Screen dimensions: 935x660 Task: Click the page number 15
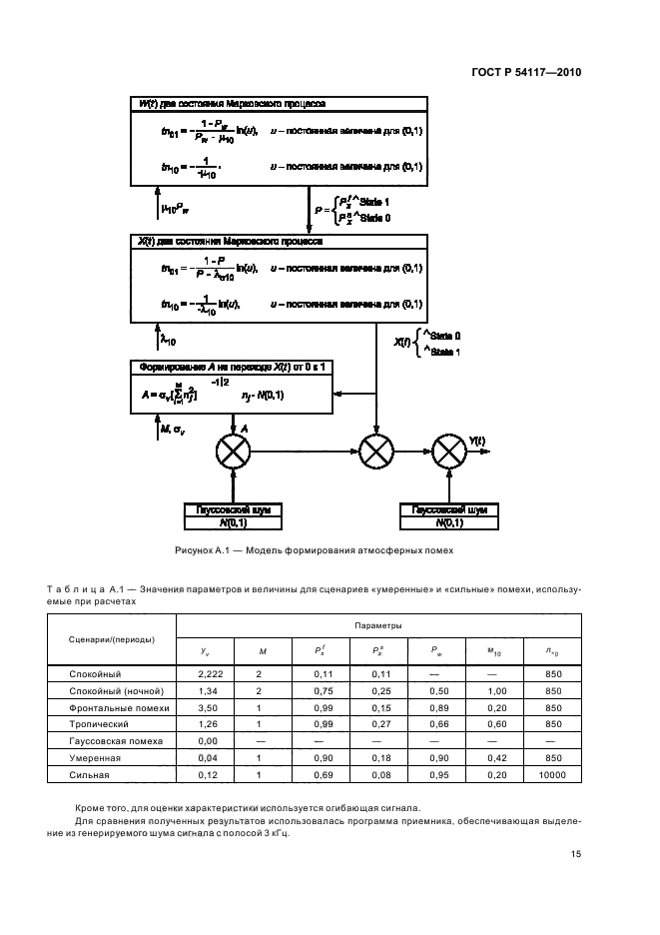point(576,854)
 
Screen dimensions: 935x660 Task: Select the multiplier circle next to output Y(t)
point(448,453)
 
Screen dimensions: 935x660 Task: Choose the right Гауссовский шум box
point(448,515)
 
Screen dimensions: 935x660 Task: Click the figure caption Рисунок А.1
point(315,549)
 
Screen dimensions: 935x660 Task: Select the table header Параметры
point(378,625)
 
